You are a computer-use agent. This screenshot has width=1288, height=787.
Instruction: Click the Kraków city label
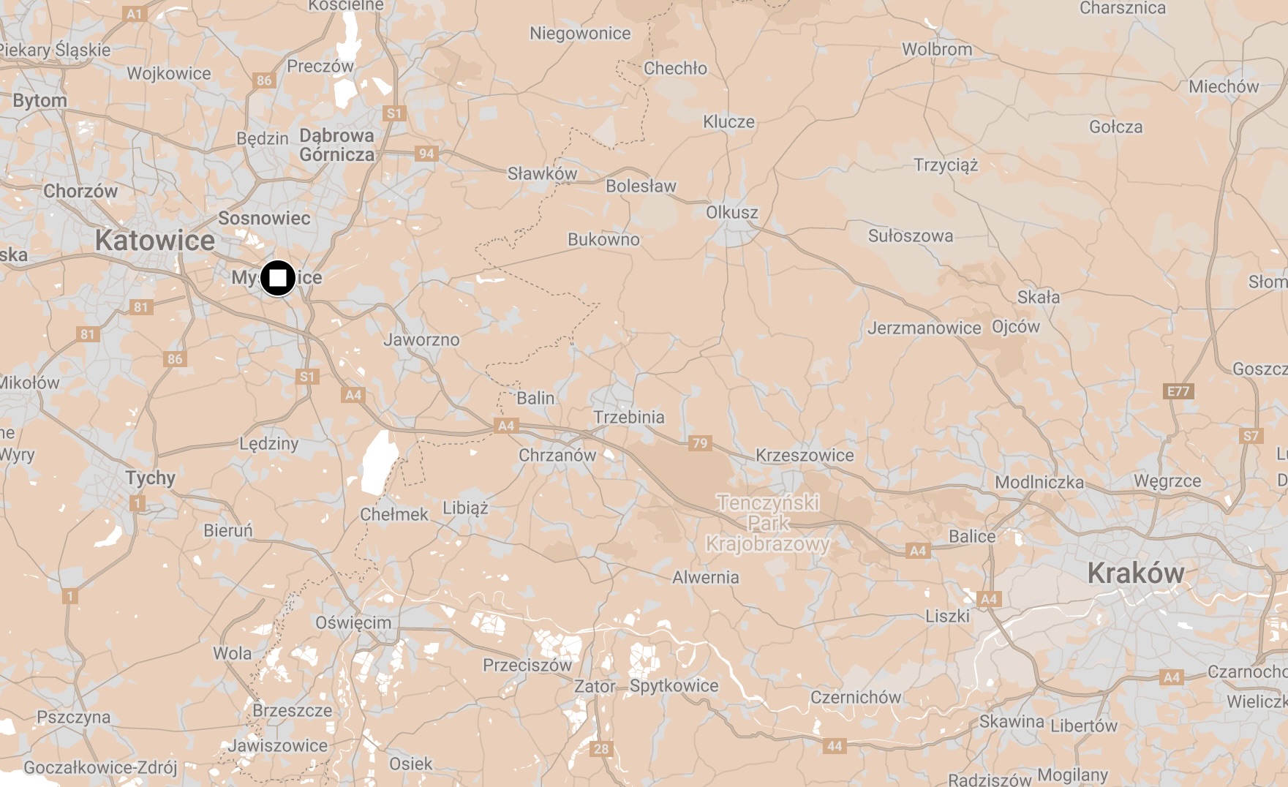pyautogui.click(x=1135, y=573)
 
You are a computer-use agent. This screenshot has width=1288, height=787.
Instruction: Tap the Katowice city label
pyautogui.click(x=155, y=240)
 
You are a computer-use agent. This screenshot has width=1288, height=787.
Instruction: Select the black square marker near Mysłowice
pyautogui.click(x=278, y=278)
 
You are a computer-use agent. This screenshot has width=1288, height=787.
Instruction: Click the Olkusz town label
pyautogui.click(x=731, y=212)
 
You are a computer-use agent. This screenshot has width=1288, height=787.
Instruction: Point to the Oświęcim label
pyautogui.click(x=353, y=622)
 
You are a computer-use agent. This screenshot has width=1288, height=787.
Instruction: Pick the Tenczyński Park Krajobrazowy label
pyautogui.click(x=768, y=523)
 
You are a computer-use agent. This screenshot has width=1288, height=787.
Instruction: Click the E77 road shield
pyautogui.click(x=1178, y=391)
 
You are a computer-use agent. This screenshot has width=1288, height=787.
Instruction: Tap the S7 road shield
pyautogui.click(x=1251, y=437)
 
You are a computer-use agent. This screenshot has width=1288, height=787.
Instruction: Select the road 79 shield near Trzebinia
pyautogui.click(x=700, y=443)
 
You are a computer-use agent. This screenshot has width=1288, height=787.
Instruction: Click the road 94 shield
pyautogui.click(x=426, y=154)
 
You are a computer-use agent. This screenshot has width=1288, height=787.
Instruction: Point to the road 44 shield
pyautogui.click(x=835, y=746)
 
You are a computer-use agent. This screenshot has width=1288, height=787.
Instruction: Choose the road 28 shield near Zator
pyautogui.click(x=601, y=748)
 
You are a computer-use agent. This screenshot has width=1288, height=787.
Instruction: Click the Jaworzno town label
pyautogui.click(x=421, y=339)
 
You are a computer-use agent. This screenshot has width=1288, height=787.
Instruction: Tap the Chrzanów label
pyautogui.click(x=557, y=455)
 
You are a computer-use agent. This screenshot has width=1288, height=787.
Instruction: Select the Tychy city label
pyautogui.click(x=150, y=478)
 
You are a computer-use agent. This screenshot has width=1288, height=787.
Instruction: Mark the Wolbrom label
pyautogui.click(x=937, y=49)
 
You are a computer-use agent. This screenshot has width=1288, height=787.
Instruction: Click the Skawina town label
pyautogui.click(x=1012, y=721)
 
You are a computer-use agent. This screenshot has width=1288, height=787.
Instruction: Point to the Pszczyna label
pyautogui.click(x=73, y=717)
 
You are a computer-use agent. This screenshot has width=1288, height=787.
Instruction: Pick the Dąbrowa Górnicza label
pyautogui.click(x=336, y=145)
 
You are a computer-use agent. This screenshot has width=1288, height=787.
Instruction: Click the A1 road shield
pyautogui.click(x=134, y=13)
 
